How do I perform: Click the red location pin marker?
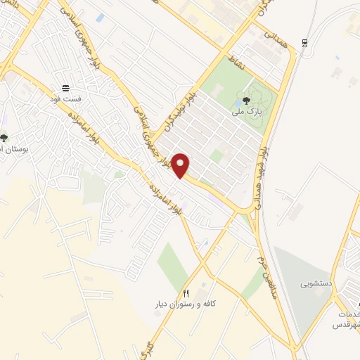(181, 165)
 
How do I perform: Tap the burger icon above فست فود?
(65, 88)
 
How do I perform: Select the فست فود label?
(65, 99)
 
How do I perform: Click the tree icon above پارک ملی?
(245, 100)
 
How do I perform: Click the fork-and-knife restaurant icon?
(186, 293)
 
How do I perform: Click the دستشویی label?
(315, 285)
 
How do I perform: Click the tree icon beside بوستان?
(4, 138)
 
